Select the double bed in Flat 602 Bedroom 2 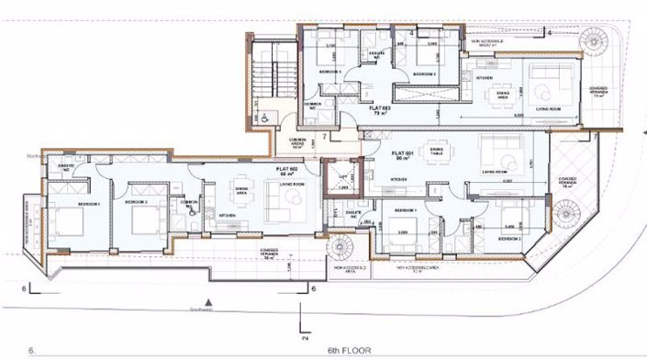pyautogui.click(x=146, y=220)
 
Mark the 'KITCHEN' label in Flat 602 pyautogui.click(x=229, y=215)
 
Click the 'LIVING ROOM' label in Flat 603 pyautogui.click(x=548, y=108)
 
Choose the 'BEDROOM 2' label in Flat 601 pyautogui.click(x=510, y=236)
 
